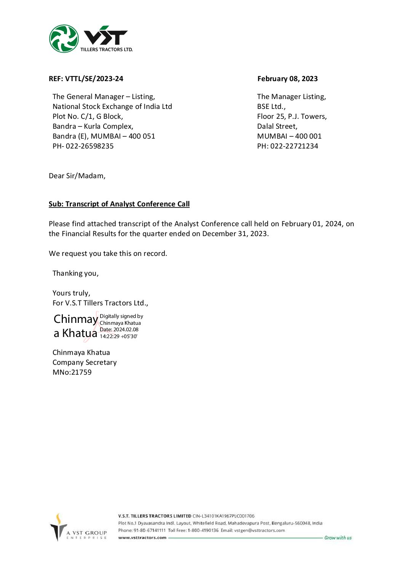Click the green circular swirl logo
tap(64, 39)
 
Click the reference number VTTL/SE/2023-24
tap(94, 79)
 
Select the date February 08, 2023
tap(287, 79)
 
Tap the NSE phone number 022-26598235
tap(90, 146)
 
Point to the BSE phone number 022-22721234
tap(294, 146)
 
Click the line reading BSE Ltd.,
tap(271, 107)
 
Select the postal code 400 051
tap(142, 136)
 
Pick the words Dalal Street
tap(277, 126)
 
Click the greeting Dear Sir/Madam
tap(77, 176)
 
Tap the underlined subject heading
tap(119, 204)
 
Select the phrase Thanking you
tap(75, 273)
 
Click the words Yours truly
tap(71, 293)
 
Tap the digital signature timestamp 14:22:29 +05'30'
tap(118, 337)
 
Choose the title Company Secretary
tap(85, 362)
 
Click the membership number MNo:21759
tap(72, 372)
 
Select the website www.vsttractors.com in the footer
tap(142, 538)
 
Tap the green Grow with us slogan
tap(338, 538)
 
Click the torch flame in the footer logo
tap(59, 519)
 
